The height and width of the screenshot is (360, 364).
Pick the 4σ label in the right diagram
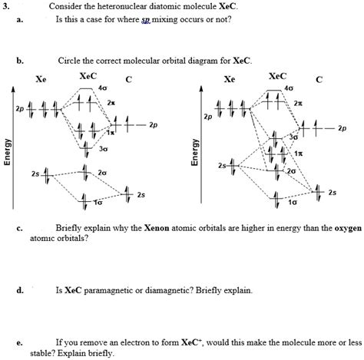[289, 89]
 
